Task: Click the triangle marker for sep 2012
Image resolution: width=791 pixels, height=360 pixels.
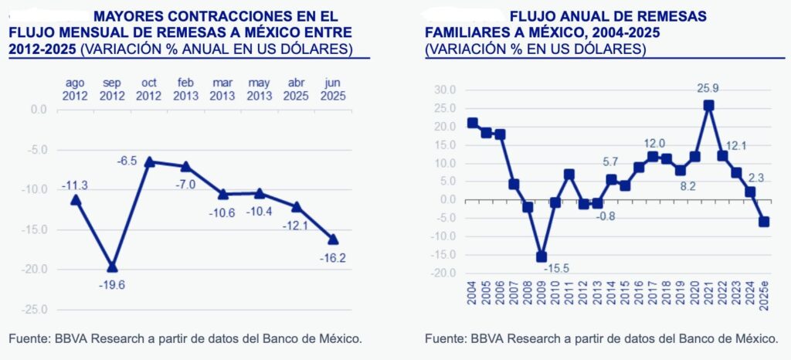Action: [x=112, y=267]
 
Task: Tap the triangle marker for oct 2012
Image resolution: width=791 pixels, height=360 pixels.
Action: [x=149, y=161]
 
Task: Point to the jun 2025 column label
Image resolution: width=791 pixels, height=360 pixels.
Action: [x=334, y=89]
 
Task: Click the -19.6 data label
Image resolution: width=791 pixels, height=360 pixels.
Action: [x=112, y=284]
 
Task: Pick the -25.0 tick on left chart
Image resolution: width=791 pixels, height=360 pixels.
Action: [x=36, y=310]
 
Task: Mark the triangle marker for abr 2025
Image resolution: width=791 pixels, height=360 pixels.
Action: [x=297, y=206]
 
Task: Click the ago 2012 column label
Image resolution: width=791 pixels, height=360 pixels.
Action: [x=75, y=89]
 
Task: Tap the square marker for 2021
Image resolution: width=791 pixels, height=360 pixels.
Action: [x=708, y=105]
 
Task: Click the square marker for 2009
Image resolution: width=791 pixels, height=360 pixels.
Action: [x=541, y=256]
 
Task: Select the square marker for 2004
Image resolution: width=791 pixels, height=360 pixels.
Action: [x=472, y=123]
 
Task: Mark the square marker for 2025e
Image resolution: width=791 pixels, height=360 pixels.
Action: [x=765, y=222]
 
